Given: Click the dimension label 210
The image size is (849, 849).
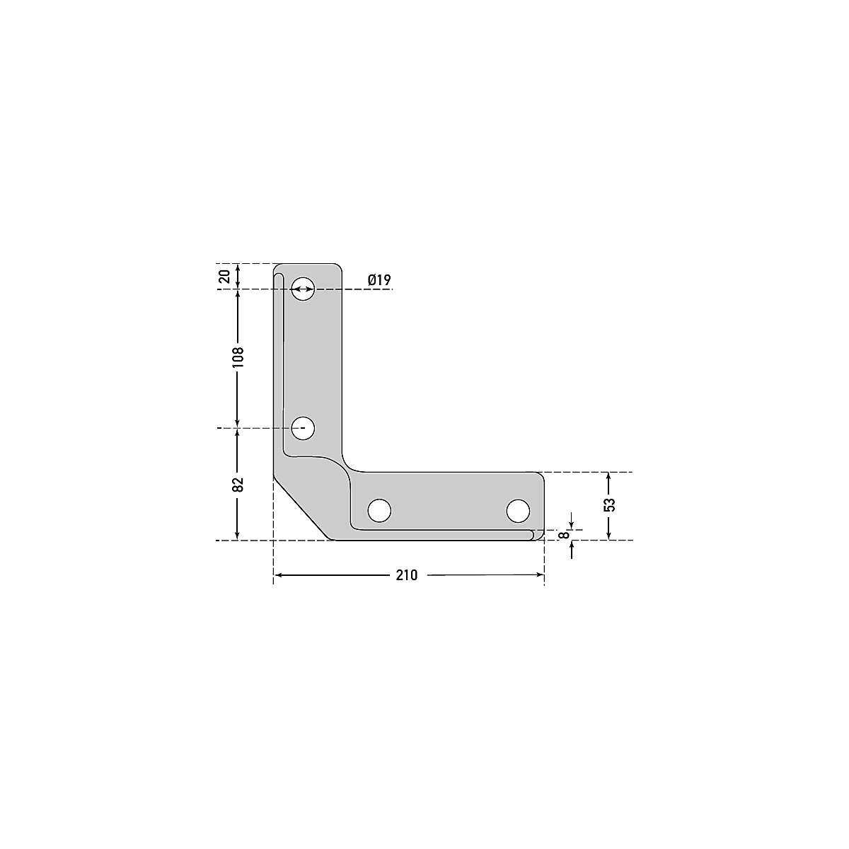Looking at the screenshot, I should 406,576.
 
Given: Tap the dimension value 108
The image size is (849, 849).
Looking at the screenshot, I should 238,356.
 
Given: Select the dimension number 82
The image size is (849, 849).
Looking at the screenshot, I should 238,485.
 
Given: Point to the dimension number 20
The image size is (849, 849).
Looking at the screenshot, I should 224,276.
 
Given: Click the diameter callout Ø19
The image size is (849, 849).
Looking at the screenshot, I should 379,281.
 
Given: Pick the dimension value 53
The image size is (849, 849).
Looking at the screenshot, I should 610,505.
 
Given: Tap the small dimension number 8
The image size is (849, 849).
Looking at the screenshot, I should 564,536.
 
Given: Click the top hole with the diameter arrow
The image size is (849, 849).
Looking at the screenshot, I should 304,289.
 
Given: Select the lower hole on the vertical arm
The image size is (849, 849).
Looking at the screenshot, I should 304,427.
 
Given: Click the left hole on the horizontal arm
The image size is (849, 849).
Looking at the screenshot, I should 379,509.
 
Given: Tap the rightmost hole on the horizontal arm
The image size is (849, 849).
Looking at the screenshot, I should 518,509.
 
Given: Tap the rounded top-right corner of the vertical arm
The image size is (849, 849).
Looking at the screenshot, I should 339,268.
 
